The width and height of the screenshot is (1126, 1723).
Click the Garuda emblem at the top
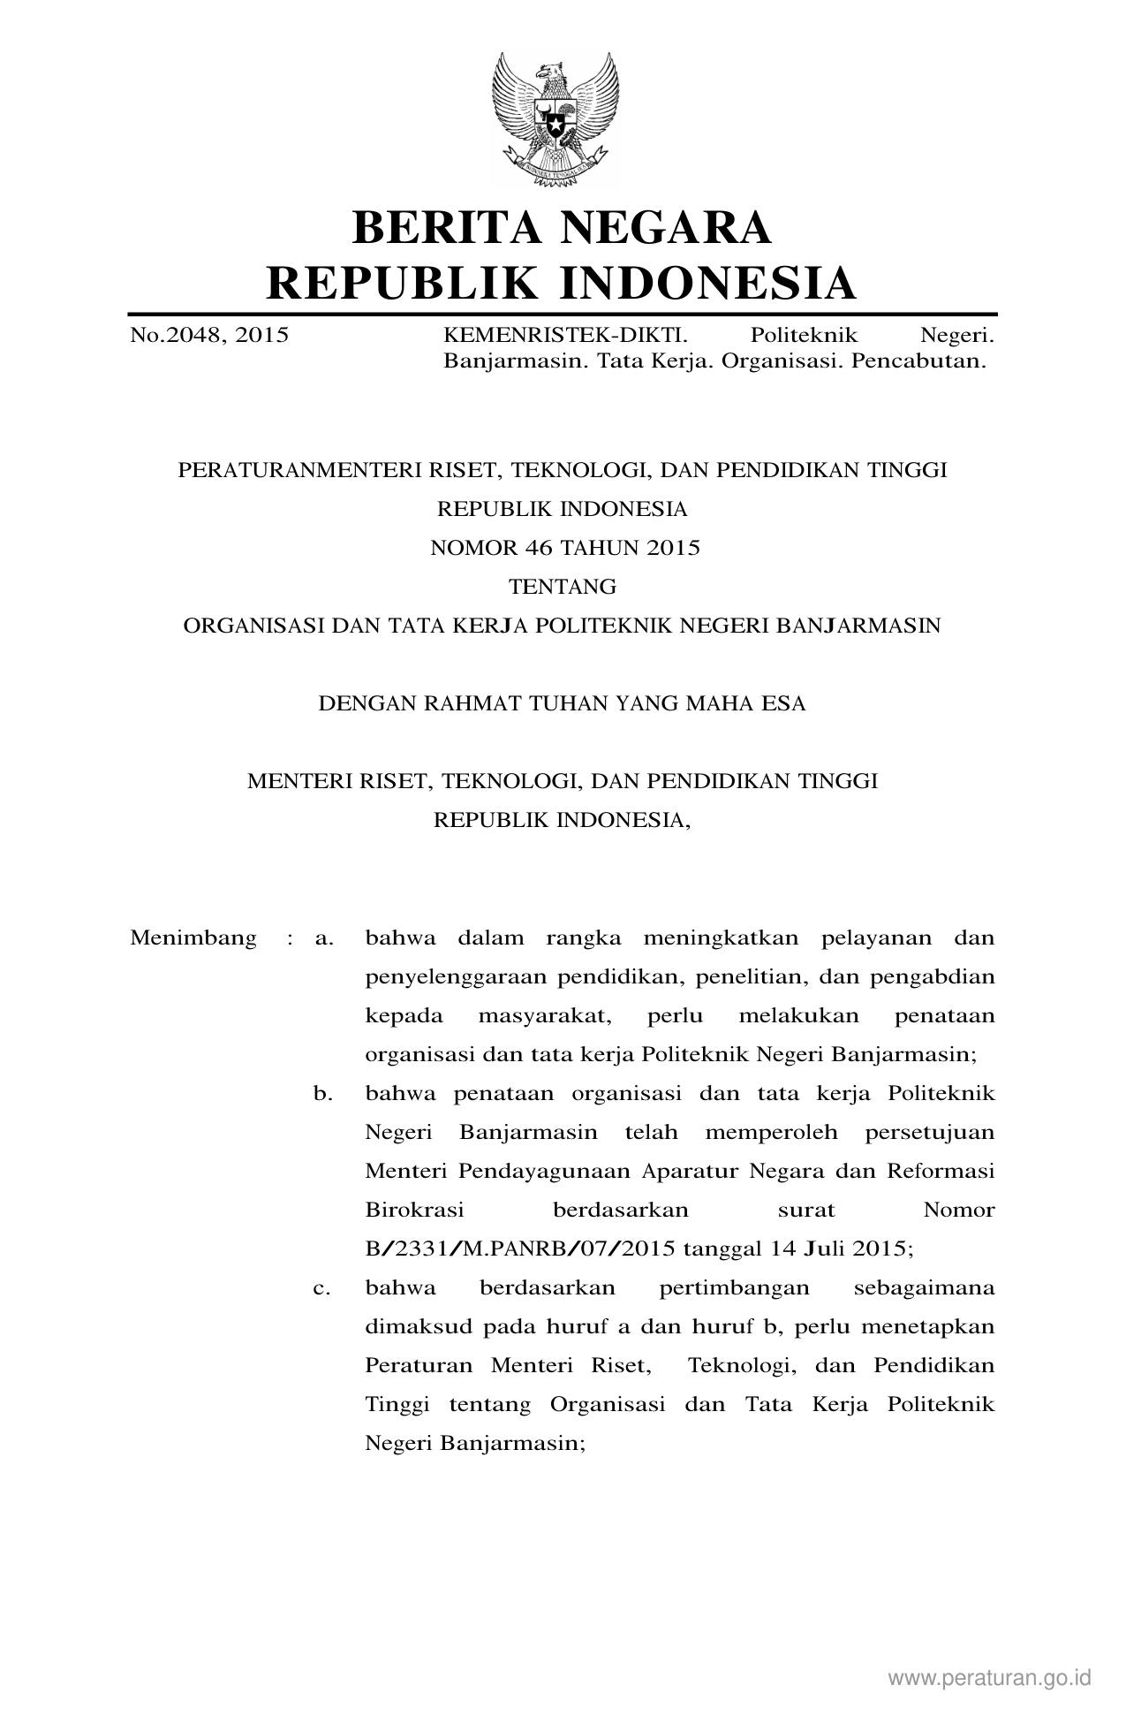tap(555, 120)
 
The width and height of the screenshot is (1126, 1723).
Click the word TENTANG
tap(563, 587)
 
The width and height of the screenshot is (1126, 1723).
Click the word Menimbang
tap(193, 937)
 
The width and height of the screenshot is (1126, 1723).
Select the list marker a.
tap(324, 937)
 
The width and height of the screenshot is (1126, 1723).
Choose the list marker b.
tap(323, 1094)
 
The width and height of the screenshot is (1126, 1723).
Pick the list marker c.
tap(323, 1288)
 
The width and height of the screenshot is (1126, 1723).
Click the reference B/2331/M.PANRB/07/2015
tap(520, 1249)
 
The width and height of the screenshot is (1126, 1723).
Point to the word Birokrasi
tap(414, 1210)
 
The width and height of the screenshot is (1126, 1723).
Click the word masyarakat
tap(545, 1015)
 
